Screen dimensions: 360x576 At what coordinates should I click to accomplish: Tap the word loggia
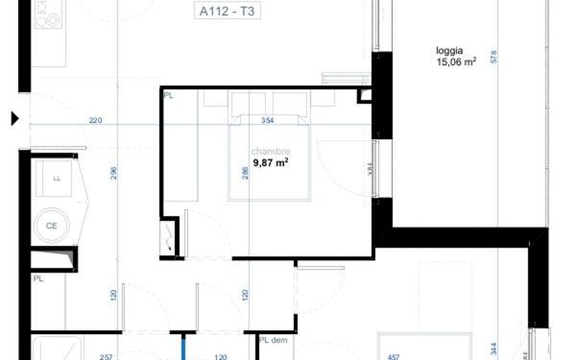pos(450,52)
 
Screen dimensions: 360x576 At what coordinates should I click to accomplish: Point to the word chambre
pos(271,152)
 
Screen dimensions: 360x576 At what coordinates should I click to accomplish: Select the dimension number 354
pos(268,121)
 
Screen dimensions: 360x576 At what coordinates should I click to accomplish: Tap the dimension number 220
pos(95,121)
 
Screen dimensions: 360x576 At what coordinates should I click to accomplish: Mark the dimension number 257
pos(108,355)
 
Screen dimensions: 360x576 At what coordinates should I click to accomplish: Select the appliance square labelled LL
pos(57,179)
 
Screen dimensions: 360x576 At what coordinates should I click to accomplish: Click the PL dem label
pos(273,341)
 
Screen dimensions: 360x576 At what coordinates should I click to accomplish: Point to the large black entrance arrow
pos(14,119)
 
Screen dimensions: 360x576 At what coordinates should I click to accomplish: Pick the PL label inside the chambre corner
pos(169,96)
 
